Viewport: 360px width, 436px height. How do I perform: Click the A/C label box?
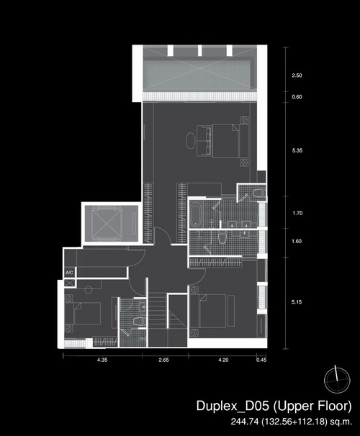click(x=70, y=272)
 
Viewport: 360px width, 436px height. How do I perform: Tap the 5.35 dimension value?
click(x=297, y=150)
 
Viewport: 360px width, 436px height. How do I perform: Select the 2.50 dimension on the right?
click(x=297, y=76)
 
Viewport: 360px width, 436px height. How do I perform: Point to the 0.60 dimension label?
click(x=297, y=97)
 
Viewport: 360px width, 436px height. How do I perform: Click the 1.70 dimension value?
click(x=297, y=213)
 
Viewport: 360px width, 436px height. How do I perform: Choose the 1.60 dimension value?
click(x=297, y=241)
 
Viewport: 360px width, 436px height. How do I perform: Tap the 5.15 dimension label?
click(x=297, y=302)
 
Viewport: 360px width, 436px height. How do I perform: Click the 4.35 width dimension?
click(x=102, y=360)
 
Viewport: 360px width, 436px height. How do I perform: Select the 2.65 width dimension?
click(x=164, y=360)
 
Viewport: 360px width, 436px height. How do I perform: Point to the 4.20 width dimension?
click(x=223, y=360)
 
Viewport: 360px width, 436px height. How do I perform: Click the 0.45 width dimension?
click(x=261, y=360)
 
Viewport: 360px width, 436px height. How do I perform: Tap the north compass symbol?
click(x=337, y=380)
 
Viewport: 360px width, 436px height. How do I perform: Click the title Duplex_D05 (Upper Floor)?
click(x=274, y=406)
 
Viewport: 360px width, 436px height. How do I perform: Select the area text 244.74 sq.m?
click(x=292, y=422)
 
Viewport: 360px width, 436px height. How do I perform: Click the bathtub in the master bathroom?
click(x=196, y=214)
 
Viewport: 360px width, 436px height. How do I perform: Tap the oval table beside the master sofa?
click(x=191, y=141)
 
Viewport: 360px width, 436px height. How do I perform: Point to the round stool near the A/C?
click(x=89, y=290)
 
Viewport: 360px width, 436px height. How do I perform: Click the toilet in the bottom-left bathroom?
click(x=139, y=321)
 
